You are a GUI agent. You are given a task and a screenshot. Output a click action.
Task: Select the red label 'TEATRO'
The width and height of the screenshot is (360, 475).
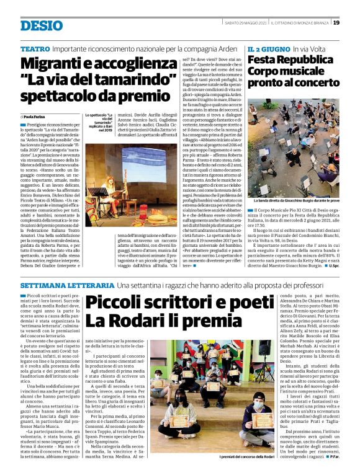[x=35, y=48]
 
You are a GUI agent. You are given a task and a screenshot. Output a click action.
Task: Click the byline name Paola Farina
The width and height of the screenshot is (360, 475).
[x=36, y=117]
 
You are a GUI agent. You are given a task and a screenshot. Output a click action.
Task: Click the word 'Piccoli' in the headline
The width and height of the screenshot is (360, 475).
[x=115, y=303]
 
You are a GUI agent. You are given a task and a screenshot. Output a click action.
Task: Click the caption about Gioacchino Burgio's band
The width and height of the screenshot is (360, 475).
[x=295, y=202]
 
